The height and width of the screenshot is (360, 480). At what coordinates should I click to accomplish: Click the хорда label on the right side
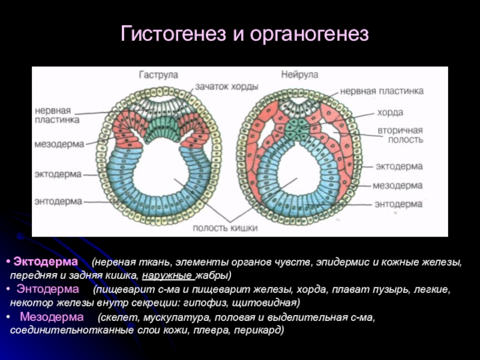[x=390, y=112]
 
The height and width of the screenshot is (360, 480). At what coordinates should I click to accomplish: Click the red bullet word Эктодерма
[x=46, y=263]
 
